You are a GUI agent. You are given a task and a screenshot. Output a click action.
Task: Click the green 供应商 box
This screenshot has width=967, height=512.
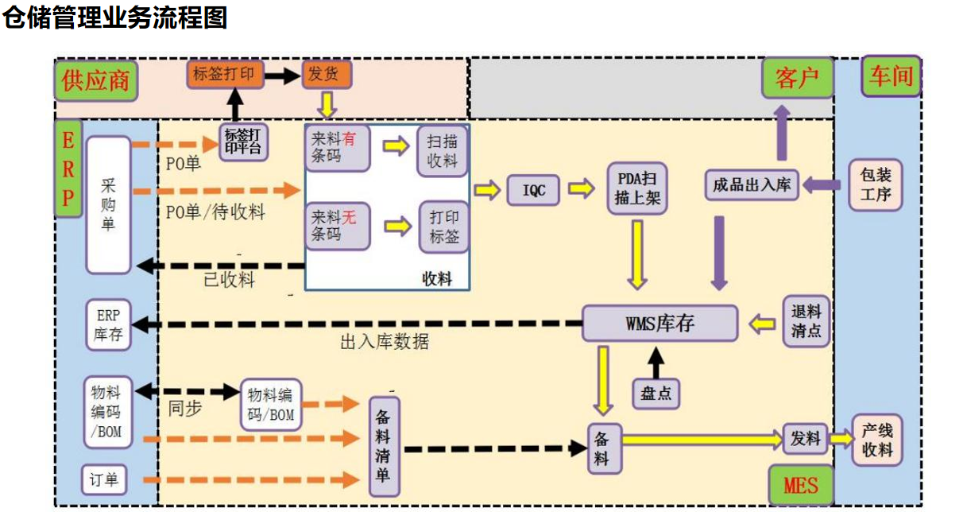point(96,80)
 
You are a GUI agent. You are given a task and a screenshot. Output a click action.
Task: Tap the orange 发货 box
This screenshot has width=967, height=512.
point(326,75)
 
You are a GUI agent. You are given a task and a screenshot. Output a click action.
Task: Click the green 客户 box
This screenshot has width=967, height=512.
point(797,78)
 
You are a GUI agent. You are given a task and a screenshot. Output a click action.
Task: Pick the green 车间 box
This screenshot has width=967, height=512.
point(891,76)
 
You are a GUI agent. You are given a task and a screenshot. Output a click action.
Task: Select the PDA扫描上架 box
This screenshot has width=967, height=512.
point(636,188)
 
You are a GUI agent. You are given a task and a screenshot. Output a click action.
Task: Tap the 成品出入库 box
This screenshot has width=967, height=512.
point(752,184)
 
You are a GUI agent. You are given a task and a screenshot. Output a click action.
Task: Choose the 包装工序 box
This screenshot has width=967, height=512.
point(875,185)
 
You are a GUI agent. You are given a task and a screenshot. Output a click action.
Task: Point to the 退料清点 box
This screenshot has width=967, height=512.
point(806,322)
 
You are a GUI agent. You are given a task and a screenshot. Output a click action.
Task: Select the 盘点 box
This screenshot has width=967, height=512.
point(656,394)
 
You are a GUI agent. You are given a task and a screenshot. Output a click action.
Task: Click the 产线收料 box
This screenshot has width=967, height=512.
point(877,440)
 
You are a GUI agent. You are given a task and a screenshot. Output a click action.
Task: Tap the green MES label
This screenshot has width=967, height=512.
point(800,484)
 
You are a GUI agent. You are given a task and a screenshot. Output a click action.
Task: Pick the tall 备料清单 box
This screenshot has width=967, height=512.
point(384,447)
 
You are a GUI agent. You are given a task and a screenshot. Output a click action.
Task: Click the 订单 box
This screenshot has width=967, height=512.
point(104,479)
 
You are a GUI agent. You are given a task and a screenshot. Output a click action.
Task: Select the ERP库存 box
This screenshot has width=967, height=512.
point(108,325)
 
